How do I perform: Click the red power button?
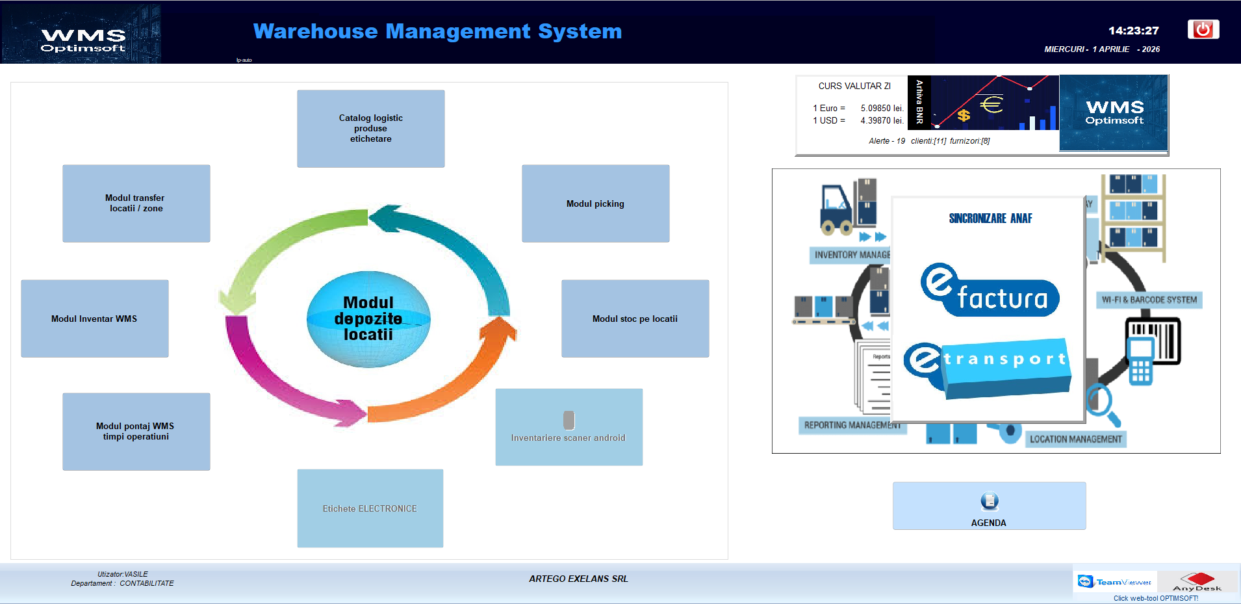pos(1203,29)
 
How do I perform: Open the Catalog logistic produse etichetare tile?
pos(370,129)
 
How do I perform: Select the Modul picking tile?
pos(595,204)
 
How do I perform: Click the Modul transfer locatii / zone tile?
pos(136,204)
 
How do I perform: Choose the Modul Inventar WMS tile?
pos(95,319)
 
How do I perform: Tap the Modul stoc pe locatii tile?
pos(635,319)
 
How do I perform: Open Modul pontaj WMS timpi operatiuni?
pos(136,432)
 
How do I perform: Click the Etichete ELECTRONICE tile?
pos(370,508)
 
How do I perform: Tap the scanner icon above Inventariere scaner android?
pos(569,420)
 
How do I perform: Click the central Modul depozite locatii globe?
pos(368,319)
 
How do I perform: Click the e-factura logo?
pos(990,291)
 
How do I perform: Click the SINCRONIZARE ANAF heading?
pos(990,218)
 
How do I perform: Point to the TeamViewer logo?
pos(1114,582)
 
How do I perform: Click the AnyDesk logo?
pos(1197,582)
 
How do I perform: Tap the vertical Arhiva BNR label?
pos(919,102)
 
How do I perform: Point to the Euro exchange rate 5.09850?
pos(882,109)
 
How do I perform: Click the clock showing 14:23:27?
pos(1133,31)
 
